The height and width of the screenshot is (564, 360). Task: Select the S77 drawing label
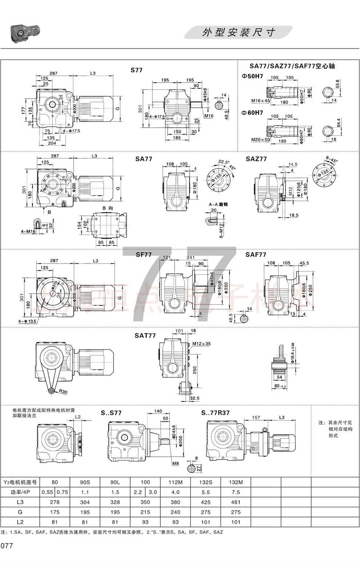[x=137, y=70]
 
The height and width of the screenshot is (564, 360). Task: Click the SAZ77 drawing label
[x=256, y=159]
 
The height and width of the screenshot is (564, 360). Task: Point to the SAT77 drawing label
[x=145, y=335]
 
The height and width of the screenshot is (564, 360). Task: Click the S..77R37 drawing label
[x=215, y=413]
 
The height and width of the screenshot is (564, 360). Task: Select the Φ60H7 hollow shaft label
[x=252, y=113]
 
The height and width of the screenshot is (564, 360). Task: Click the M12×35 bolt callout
[x=201, y=343]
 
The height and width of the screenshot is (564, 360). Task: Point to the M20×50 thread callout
[x=260, y=140]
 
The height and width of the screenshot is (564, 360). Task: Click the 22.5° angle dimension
[x=223, y=162]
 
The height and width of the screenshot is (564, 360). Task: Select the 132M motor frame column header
[x=236, y=482]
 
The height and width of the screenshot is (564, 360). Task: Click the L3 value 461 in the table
[x=236, y=502]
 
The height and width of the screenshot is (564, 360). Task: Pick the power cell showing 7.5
[x=236, y=492]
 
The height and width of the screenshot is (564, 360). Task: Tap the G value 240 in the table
[x=175, y=512]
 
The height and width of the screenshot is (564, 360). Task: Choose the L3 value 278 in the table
[x=55, y=502]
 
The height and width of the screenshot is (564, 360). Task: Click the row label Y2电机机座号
[x=20, y=482]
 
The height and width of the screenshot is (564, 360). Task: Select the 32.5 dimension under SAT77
[x=195, y=398]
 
